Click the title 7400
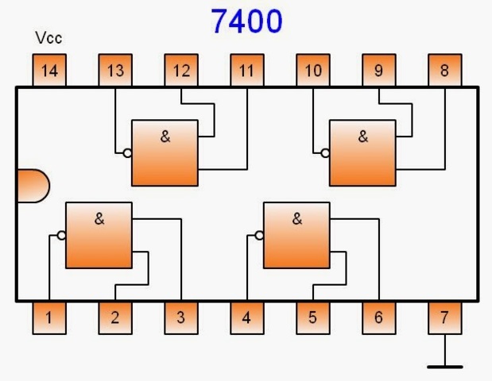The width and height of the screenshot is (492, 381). [246, 21]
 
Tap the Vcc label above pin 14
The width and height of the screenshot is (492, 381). [48, 38]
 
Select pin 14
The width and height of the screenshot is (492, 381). [49, 71]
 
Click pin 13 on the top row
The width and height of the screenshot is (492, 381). [115, 71]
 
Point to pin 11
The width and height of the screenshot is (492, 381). [246, 71]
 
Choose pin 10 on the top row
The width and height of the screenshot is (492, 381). [313, 71]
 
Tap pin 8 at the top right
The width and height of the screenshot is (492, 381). [444, 71]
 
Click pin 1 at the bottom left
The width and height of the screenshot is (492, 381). [49, 317]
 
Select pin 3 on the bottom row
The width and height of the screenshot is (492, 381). [181, 317]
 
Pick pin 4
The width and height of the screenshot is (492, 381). [246, 317]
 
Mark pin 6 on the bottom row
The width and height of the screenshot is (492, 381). [378, 317]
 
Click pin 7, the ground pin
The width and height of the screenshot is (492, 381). [444, 317]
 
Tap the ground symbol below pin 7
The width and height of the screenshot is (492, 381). [444, 366]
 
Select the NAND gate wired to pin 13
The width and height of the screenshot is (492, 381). [165, 152]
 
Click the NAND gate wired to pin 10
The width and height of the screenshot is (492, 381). [362, 152]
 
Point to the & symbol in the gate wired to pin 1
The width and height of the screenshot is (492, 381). [99, 219]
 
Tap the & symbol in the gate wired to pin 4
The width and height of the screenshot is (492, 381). [297, 219]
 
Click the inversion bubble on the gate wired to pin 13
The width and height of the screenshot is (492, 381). [126, 153]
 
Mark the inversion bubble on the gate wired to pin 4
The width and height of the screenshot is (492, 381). [258, 235]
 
